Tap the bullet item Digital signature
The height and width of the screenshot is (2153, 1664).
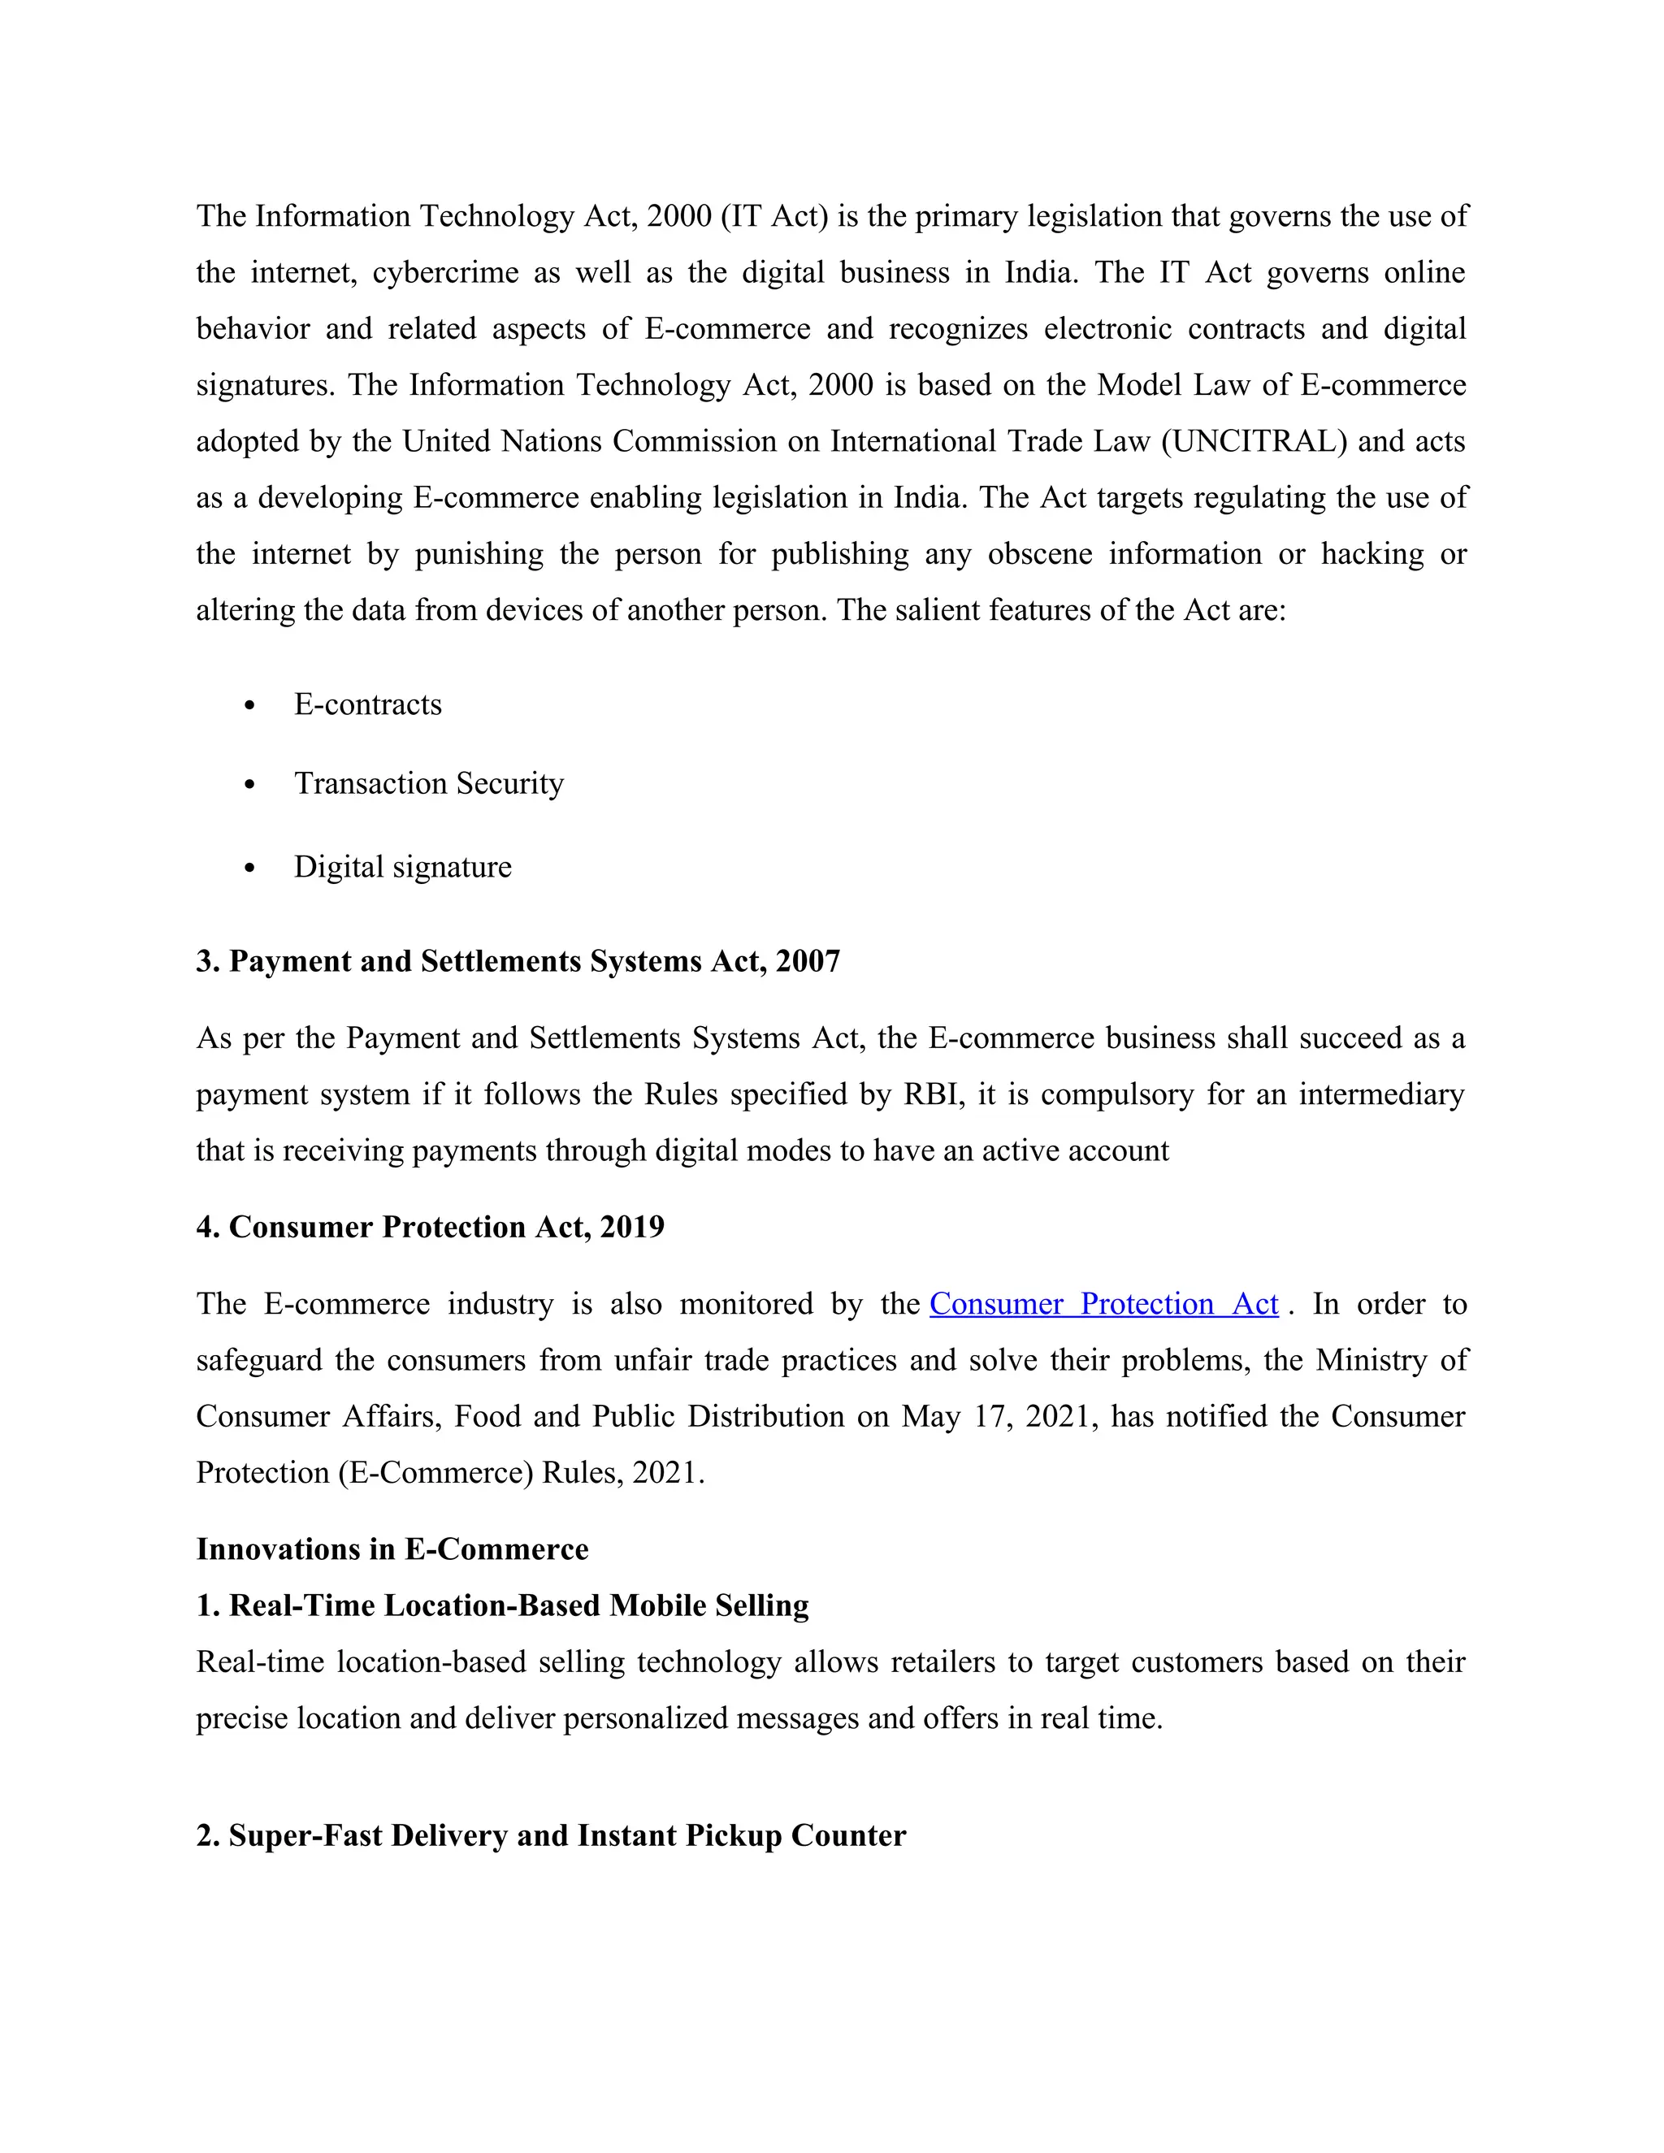[402, 867]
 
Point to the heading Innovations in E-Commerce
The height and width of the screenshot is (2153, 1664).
[392, 1549]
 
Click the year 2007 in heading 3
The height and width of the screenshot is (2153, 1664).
[808, 961]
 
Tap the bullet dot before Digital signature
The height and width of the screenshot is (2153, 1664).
[249, 869]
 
